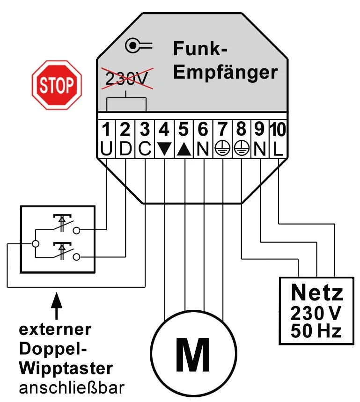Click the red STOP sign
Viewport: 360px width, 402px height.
[x=57, y=85]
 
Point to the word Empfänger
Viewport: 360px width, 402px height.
[x=225, y=73]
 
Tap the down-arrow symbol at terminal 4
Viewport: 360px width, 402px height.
[x=164, y=149]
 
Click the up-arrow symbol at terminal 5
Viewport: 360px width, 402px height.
[x=184, y=149]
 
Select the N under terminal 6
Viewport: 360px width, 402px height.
[x=203, y=149]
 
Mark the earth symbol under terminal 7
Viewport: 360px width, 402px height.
[x=221, y=149]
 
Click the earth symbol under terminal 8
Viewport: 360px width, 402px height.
[x=241, y=149]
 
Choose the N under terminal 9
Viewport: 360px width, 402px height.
[x=260, y=149]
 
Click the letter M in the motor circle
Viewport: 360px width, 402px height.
[x=192, y=355]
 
